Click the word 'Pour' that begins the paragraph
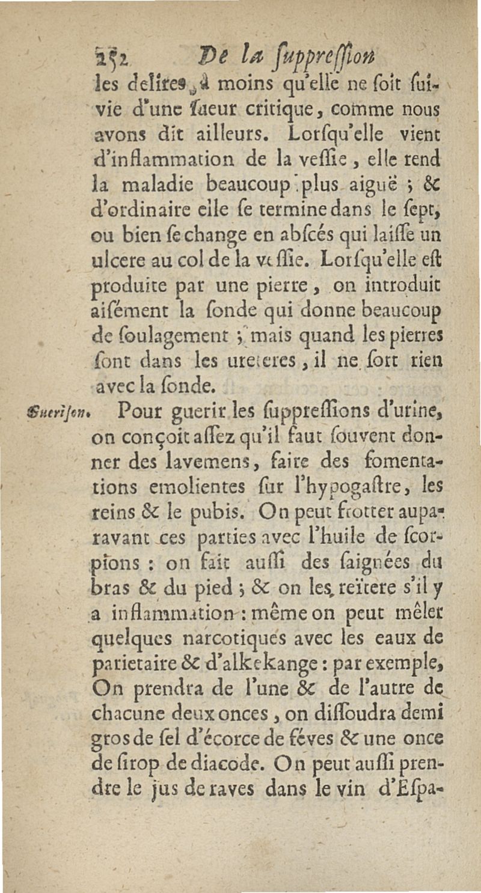pos(140,414)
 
